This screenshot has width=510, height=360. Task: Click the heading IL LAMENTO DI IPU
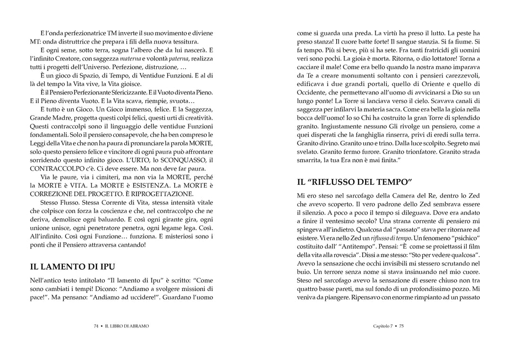point(72,266)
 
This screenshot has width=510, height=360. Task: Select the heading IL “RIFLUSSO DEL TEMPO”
point(355,181)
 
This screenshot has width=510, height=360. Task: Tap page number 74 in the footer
point(96,326)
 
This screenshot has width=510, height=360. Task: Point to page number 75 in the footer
point(401,326)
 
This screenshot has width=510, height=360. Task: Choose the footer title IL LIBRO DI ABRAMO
point(127,326)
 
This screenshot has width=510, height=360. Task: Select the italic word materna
point(131,59)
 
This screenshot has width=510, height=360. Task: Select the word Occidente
point(312,92)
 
